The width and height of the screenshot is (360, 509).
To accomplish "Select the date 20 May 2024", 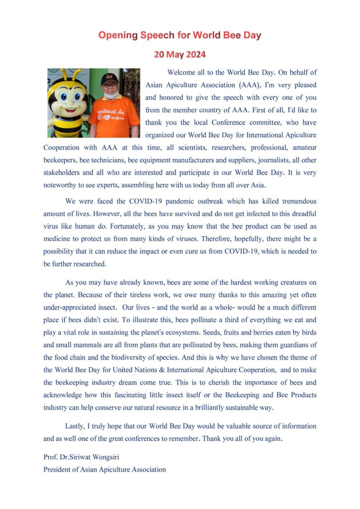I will pos(180,54).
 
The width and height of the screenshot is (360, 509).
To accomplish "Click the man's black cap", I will pos(109,79).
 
